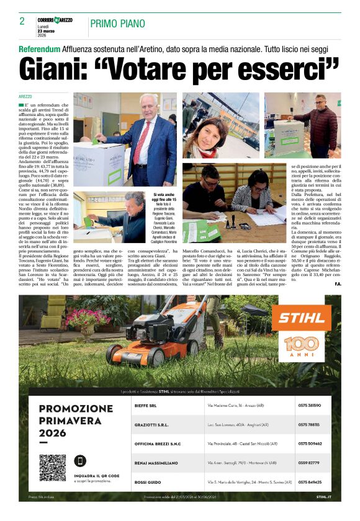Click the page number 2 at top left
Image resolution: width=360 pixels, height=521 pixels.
[22, 22]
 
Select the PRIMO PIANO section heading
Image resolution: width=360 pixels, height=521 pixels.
[118, 24]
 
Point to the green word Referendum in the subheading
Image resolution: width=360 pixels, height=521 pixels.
[40, 48]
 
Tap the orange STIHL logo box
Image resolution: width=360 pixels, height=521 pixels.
[302, 318]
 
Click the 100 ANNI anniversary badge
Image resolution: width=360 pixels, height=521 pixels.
[302, 347]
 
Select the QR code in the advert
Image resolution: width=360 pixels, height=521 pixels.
[52, 467]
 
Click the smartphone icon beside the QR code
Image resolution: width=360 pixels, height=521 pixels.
[80, 461]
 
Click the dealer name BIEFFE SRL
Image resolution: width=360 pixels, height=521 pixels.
[149, 405]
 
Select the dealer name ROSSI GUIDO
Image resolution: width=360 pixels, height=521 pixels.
[151, 482]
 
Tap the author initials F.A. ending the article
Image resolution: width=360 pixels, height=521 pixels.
[336, 283]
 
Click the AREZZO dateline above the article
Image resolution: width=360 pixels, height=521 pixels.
[25, 97]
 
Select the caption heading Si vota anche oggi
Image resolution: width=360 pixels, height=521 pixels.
[164, 198]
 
